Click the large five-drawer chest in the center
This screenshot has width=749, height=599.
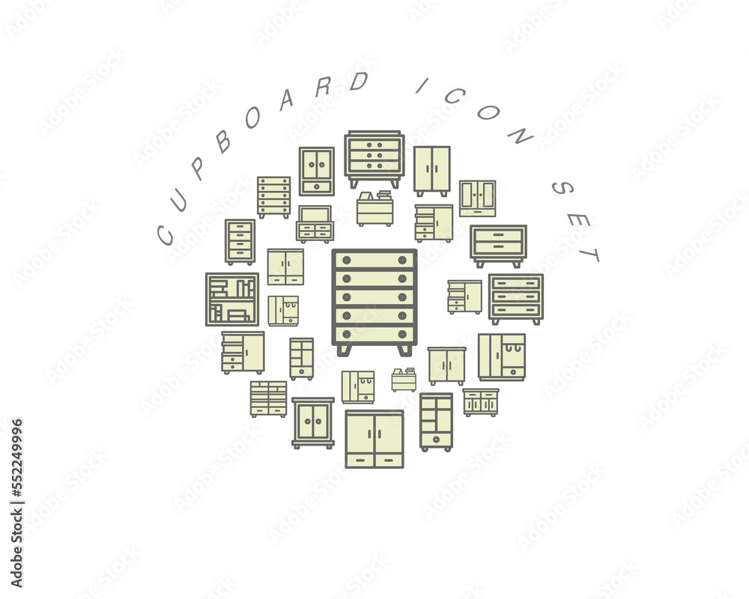pyautogui.click(x=374, y=302)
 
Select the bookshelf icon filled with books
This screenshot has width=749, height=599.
pyautogui.click(x=232, y=299)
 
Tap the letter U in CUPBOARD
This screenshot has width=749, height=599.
pyautogui.click(x=180, y=200)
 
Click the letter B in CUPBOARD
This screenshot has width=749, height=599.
pyautogui.click(x=223, y=141)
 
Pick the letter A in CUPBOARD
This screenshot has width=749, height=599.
pyautogui.click(x=287, y=100)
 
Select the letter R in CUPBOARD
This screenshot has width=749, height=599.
pyautogui.click(x=324, y=87)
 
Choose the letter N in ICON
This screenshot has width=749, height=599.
pyautogui.click(x=520, y=136)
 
